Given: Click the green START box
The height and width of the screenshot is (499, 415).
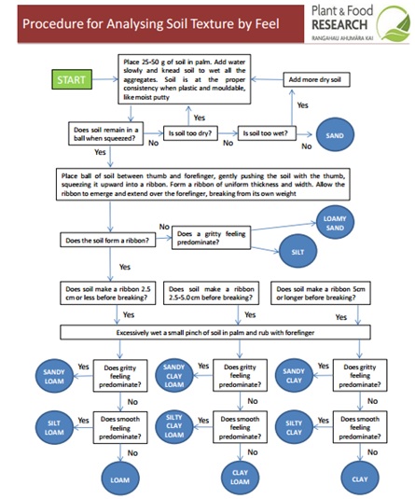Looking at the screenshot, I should (72, 80).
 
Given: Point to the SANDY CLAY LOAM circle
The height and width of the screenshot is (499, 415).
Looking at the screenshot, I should (174, 375).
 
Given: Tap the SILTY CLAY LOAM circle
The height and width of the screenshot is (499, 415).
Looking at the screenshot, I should (174, 427).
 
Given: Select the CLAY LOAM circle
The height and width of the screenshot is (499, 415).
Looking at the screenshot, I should (239, 478).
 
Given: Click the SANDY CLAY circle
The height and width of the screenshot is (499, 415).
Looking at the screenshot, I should (294, 375).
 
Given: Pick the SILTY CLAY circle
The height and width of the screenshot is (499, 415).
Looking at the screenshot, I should (294, 427).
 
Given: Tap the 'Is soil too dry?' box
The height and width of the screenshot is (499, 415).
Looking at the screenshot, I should (190, 133).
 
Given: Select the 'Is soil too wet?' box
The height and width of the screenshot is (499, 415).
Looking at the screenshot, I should (265, 133).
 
